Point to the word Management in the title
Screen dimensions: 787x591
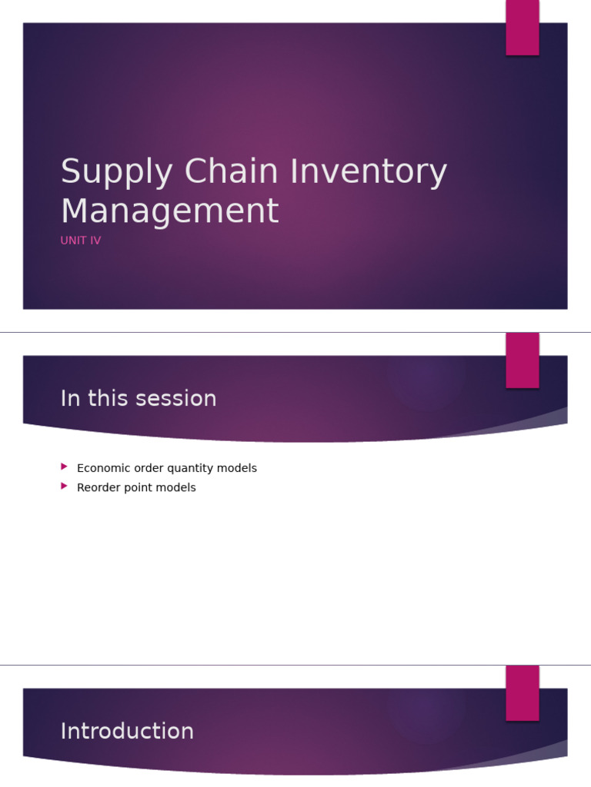[169, 212]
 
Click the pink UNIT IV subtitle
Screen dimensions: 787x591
[81, 241]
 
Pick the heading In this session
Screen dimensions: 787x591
[139, 399]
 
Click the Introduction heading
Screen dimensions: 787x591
[127, 732]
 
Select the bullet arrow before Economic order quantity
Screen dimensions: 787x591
[64, 467]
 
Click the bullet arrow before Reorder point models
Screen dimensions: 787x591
[64, 486]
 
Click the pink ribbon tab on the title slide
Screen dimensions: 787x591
[523, 28]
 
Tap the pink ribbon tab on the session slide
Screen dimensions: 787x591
[523, 360]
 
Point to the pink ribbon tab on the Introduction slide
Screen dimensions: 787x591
[523, 693]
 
